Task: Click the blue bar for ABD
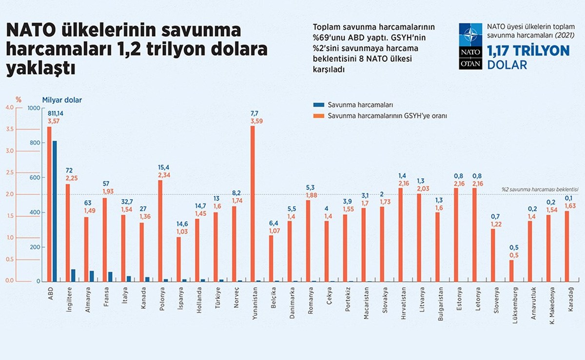click(x=55, y=211)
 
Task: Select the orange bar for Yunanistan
click(x=253, y=204)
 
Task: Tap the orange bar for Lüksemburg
click(x=511, y=270)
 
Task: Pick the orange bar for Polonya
click(x=160, y=230)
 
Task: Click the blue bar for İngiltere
click(x=73, y=275)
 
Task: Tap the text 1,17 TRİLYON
click(x=528, y=51)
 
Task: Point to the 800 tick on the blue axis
click(x=34, y=143)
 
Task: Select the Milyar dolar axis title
click(x=62, y=100)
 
